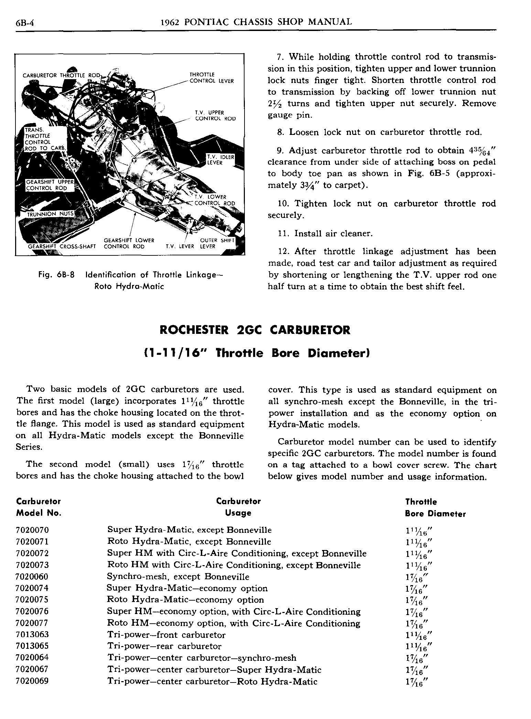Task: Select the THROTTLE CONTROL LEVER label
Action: pos(212,78)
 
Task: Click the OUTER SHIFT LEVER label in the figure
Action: pos(217,243)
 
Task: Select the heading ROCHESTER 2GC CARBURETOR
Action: pos(255,330)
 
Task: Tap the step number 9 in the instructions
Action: pos(280,151)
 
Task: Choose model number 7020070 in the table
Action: pos(33,530)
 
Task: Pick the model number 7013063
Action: pos(33,635)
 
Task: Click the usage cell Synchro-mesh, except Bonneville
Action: pos(178,577)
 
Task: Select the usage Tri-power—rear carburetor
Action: pos(164,646)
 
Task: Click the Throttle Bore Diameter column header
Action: pos(435,508)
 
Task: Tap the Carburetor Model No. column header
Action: pos(39,507)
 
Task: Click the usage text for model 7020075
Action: pos(186,600)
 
